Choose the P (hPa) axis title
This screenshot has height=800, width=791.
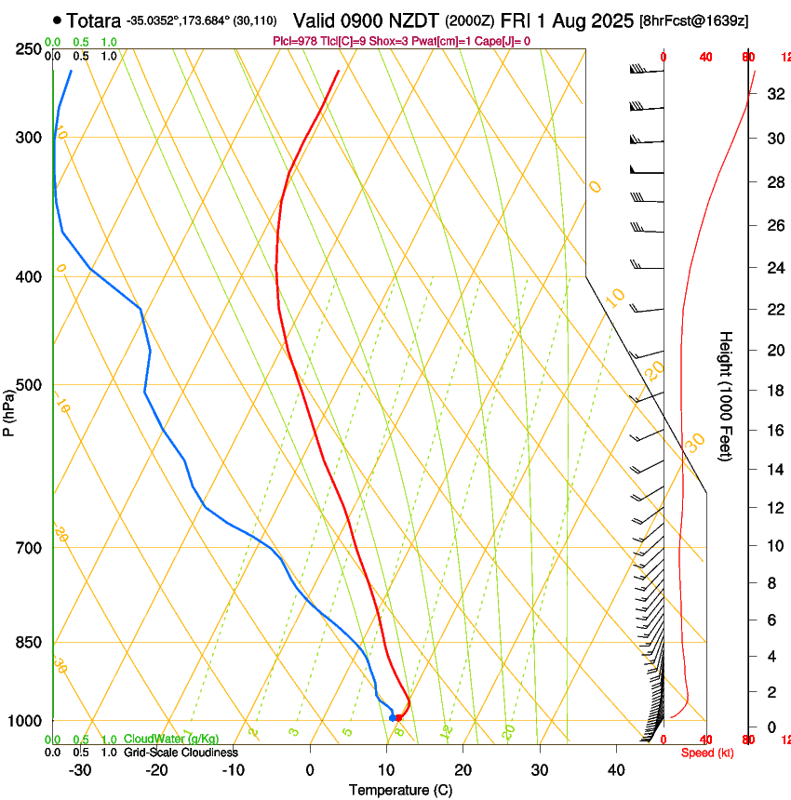(x=9, y=409)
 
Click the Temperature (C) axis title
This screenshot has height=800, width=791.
(x=400, y=791)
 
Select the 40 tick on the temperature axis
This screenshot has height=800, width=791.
(x=616, y=770)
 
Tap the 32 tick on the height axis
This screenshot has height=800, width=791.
(x=774, y=93)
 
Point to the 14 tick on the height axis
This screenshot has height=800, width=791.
(x=774, y=470)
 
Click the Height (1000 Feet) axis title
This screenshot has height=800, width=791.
(x=727, y=395)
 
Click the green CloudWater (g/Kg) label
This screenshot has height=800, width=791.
(x=158, y=740)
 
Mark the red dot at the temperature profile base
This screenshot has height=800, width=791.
(x=399, y=717)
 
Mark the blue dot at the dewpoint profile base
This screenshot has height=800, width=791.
(x=392, y=717)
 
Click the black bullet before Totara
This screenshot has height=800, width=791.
(x=58, y=19)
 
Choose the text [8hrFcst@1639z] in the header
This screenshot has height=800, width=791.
(x=694, y=20)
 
